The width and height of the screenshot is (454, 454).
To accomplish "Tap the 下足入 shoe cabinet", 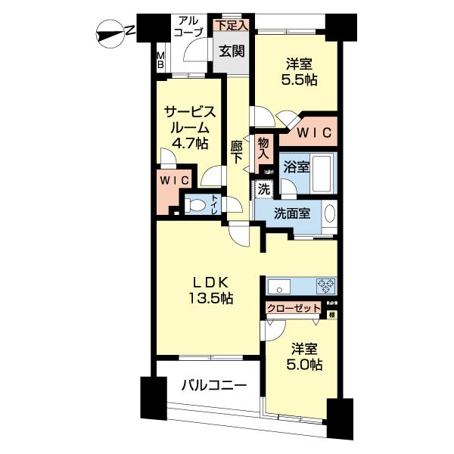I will coord(230,25).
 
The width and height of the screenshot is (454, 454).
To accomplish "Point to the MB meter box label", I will coord(160,61).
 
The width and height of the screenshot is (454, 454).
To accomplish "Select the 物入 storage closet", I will coord(263,146).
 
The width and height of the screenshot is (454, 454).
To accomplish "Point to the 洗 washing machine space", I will coord(263,189).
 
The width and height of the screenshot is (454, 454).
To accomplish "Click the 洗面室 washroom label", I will coord(291,213).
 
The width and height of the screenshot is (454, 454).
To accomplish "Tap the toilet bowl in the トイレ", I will coord(194,204).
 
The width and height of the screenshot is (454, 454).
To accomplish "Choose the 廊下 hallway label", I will coord(237,154).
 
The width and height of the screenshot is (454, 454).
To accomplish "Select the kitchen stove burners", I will coord(327,286).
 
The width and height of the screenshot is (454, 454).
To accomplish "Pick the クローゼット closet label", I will coord(294,308).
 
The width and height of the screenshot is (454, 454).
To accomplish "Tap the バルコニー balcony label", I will coord(213,385).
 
